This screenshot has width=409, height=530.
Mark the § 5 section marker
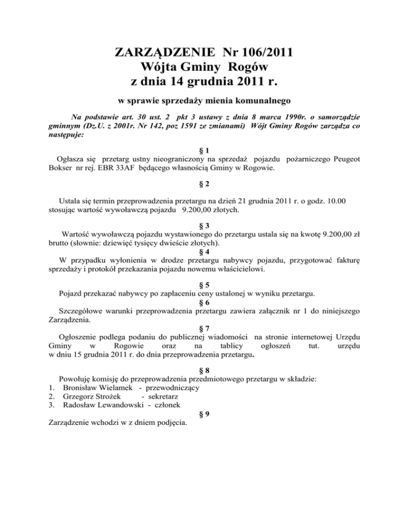pos(204,284)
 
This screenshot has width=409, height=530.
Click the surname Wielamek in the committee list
pos(110,388)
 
